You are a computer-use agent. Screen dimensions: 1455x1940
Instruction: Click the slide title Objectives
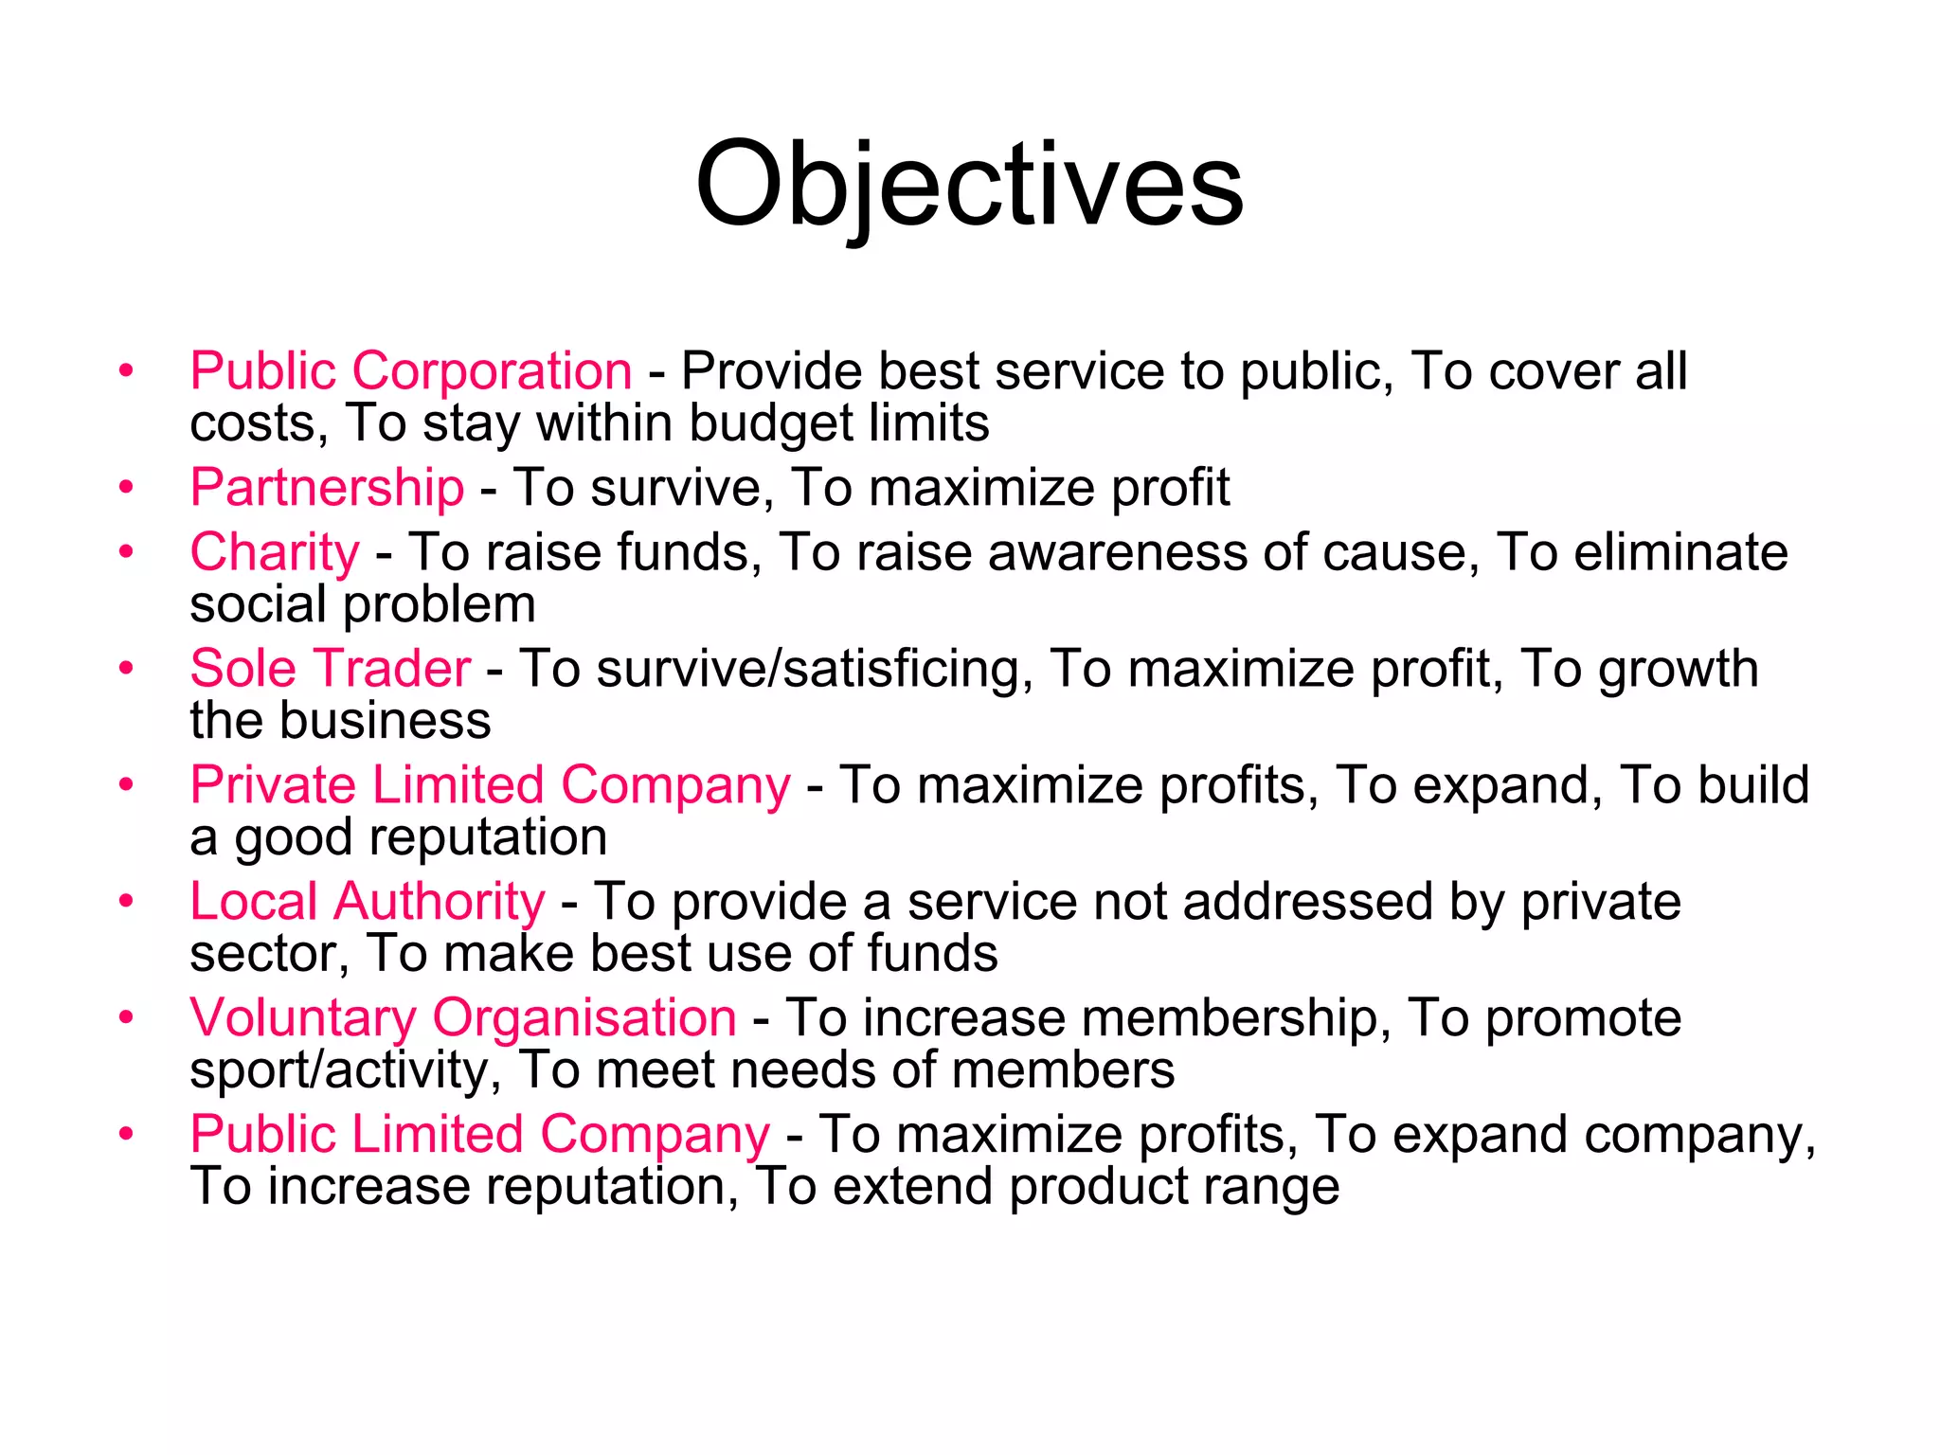(x=969, y=185)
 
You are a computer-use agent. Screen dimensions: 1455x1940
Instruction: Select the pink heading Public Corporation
(x=411, y=370)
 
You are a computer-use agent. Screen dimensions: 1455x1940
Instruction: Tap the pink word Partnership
(x=327, y=487)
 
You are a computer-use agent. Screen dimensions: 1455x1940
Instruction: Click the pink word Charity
(x=275, y=552)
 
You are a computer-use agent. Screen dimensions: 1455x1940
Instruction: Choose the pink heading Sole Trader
(x=330, y=669)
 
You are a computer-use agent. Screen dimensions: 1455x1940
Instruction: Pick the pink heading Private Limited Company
(x=490, y=785)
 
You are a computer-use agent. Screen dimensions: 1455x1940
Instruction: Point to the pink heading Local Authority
(x=367, y=901)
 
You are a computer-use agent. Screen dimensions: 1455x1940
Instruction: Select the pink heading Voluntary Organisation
(x=463, y=1017)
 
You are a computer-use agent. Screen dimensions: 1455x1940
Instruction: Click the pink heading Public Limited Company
(x=480, y=1134)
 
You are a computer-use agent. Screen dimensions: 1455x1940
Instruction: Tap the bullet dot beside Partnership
(x=126, y=488)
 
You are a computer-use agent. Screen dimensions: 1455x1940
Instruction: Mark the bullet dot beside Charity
(x=126, y=553)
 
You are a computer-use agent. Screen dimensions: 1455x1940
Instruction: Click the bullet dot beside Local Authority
(x=126, y=902)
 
